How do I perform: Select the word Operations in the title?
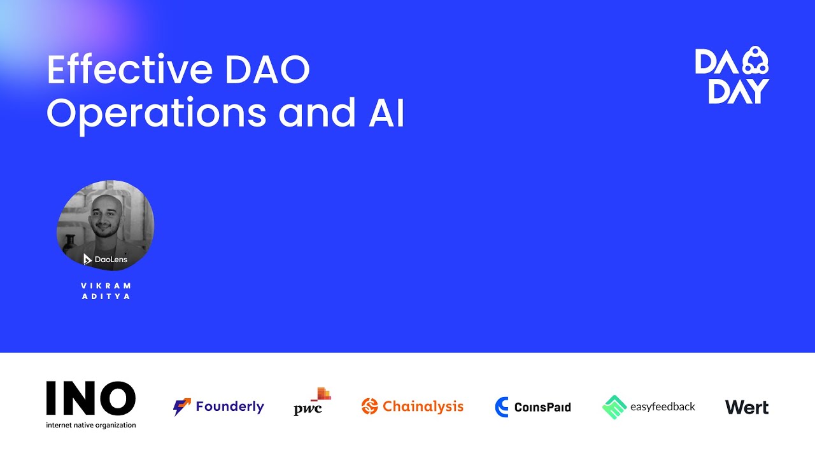pos(157,114)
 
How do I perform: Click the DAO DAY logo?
pos(732,75)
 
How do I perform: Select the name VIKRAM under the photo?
pos(106,286)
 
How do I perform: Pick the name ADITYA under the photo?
pos(106,296)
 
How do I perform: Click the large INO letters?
pos(90,399)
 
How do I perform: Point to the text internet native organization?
pos(90,425)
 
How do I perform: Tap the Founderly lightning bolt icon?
pos(182,407)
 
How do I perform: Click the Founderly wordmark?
pos(230,406)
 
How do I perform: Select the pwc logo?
pos(311,403)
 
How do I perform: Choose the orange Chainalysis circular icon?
pos(369,406)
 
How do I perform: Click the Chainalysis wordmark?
pos(423,406)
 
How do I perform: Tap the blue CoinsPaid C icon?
pos(502,407)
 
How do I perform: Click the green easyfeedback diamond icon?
pos(614,407)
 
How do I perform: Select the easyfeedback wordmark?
pos(662,406)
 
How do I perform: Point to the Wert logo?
pos(747,407)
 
